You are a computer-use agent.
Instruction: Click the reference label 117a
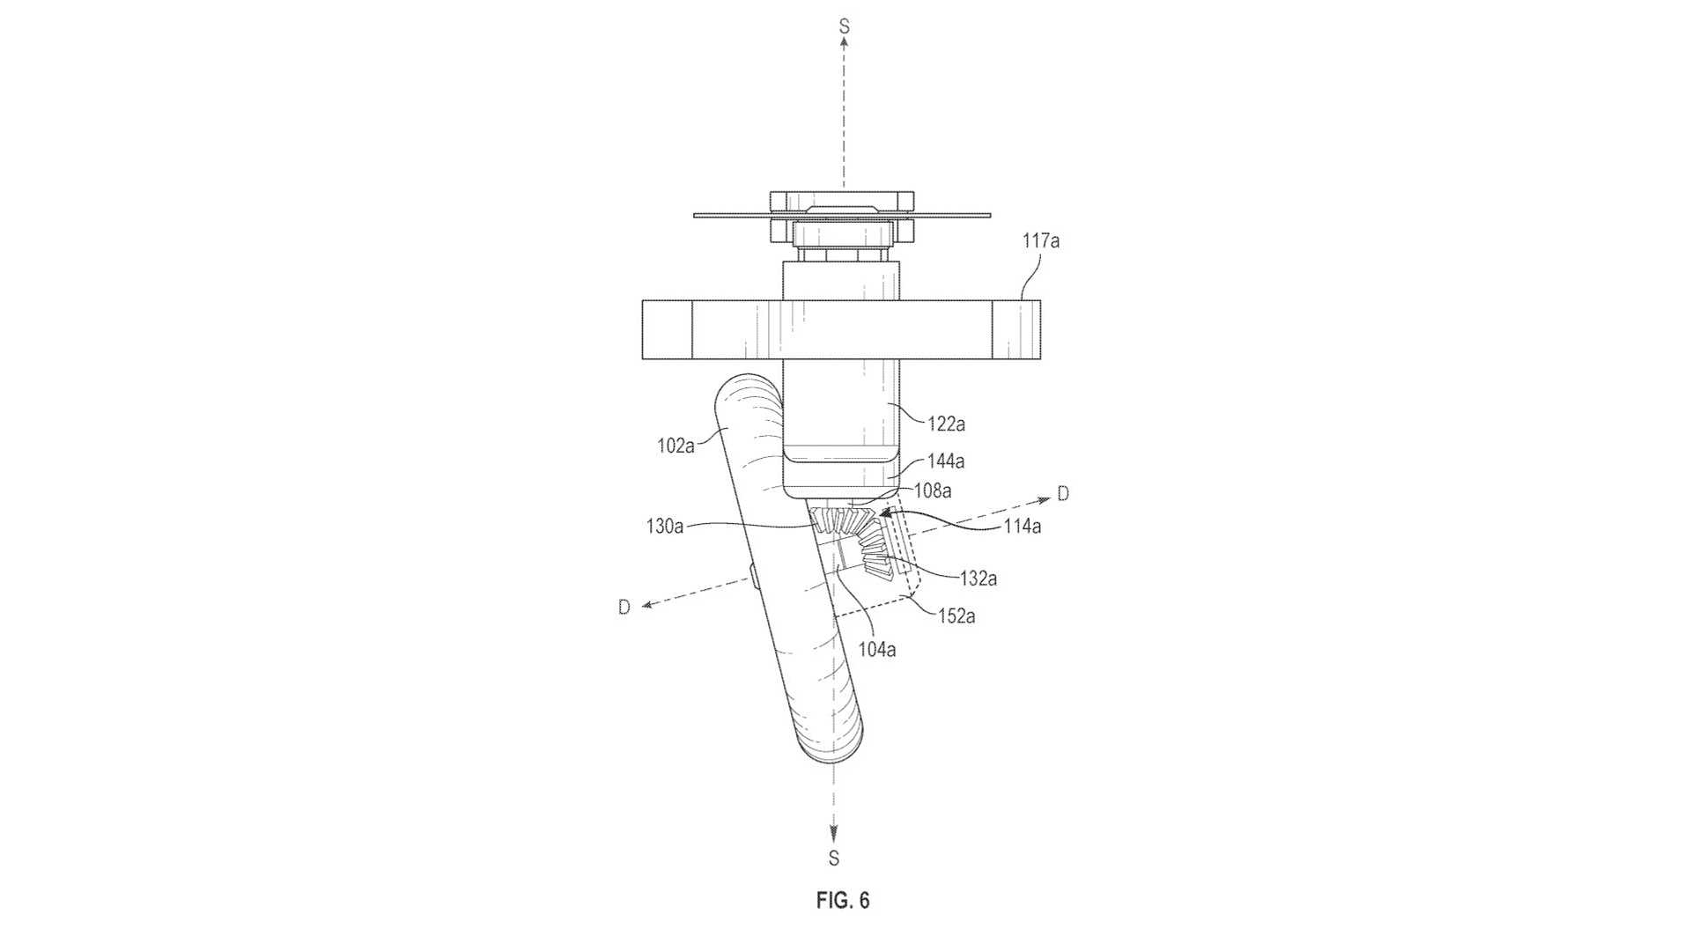[x=1041, y=240]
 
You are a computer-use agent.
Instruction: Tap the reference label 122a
[x=946, y=424]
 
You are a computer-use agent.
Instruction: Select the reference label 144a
[x=946, y=461]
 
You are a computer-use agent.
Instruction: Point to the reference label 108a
[x=933, y=490]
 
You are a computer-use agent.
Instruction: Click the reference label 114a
[x=1023, y=527]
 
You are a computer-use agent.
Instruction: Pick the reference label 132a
[x=978, y=578]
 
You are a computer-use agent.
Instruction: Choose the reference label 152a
[x=956, y=616]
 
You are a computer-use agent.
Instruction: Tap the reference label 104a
[x=877, y=650]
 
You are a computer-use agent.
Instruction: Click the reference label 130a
[x=664, y=527]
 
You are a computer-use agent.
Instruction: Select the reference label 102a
[x=676, y=446]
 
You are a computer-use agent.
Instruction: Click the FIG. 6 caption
[x=843, y=901]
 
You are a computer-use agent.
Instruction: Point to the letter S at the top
[x=844, y=26]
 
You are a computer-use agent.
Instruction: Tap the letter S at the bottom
[x=834, y=858]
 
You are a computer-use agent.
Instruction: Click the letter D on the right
[x=1063, y=494]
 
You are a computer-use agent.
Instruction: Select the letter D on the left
[x=624, y=607]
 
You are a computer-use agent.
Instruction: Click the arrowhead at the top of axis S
[x=844, y=42]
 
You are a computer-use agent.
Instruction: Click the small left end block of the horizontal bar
[x=667, y=330]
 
